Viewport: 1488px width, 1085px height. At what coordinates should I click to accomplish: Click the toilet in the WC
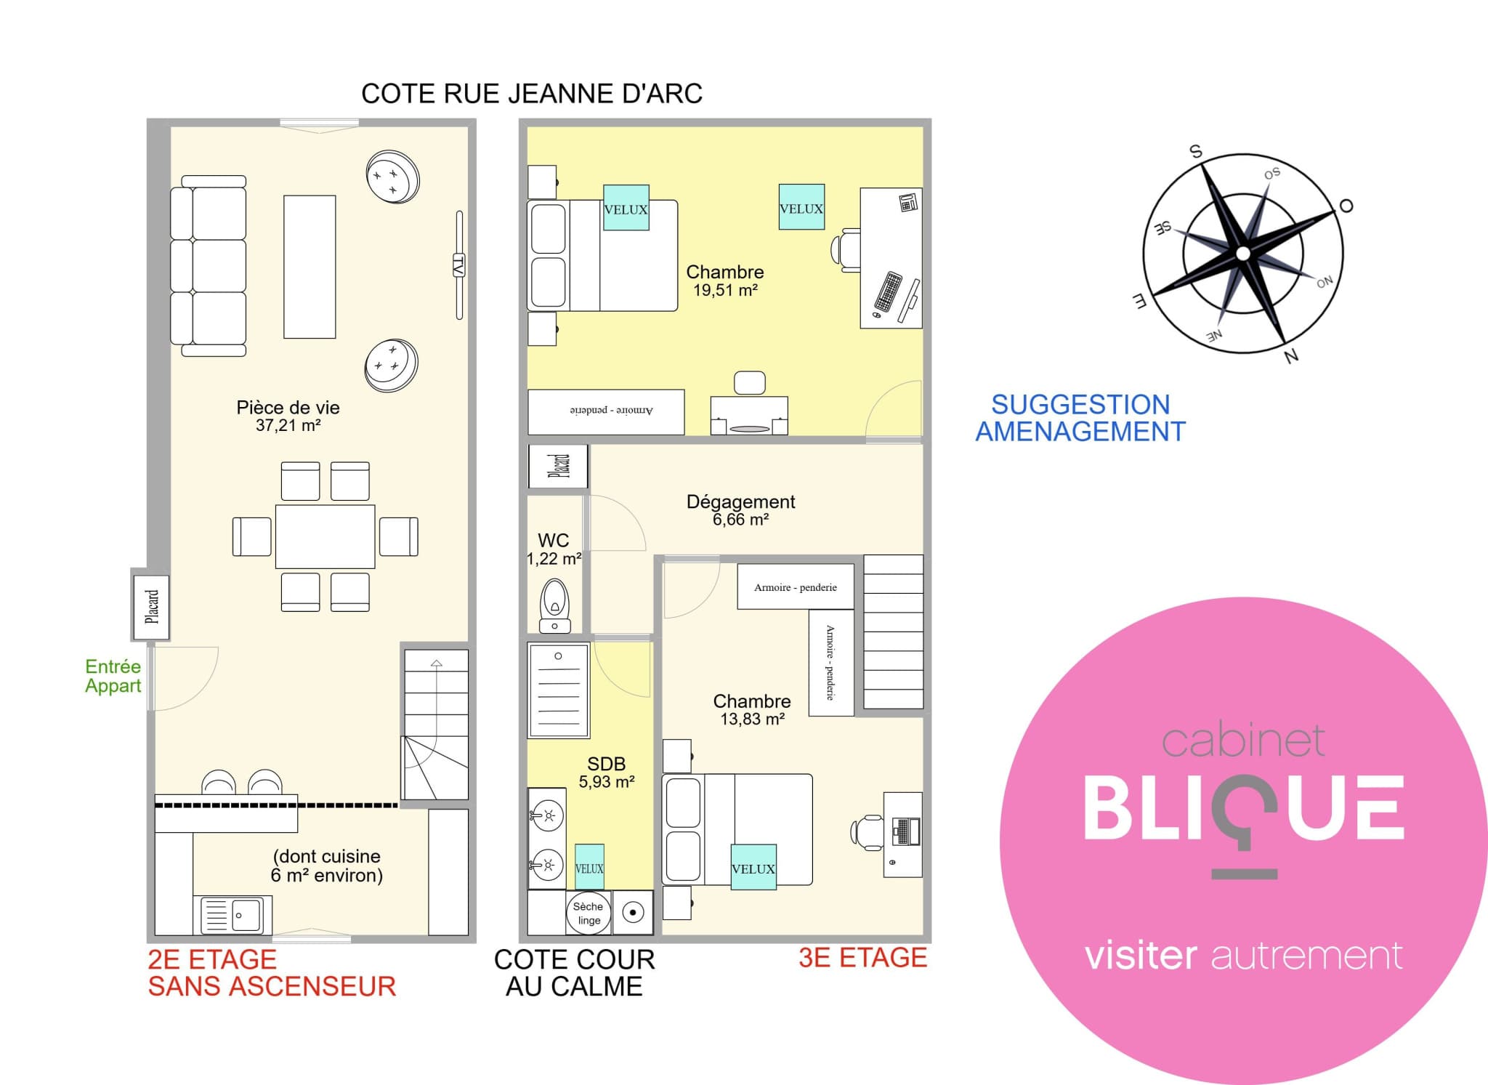[555, 605]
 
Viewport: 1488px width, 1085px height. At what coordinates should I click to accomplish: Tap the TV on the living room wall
[459, 265]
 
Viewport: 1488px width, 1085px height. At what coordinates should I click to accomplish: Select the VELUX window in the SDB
[589, 867]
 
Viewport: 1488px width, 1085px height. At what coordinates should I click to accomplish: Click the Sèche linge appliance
[589, 913]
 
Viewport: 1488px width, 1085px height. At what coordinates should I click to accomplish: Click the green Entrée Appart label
[113, 676]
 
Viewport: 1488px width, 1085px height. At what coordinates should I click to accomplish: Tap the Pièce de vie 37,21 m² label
[288, 416]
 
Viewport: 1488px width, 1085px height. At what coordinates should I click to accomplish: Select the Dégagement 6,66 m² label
[740, 510]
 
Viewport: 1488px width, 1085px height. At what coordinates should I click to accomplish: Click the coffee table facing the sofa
[310, 267]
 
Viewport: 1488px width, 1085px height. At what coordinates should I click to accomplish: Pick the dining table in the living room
[325, 536]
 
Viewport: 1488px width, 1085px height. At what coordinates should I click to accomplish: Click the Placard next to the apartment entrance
[151, 608]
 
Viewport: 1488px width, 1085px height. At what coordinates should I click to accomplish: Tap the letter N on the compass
[1291, 356]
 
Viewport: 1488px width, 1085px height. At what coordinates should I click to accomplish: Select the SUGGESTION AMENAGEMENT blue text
[1080, 418]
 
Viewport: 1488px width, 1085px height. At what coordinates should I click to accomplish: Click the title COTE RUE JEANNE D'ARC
[532, 94]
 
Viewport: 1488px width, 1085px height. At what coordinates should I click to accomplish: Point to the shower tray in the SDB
[559, 690]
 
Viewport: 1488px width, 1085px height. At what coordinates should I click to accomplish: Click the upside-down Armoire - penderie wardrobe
[606, 412]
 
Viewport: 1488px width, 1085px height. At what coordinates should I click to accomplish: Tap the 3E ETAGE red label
[862, 958]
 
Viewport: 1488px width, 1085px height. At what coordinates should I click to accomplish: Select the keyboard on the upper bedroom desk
[888, 291]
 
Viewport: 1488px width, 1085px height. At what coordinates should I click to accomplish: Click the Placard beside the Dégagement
[558, 466]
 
